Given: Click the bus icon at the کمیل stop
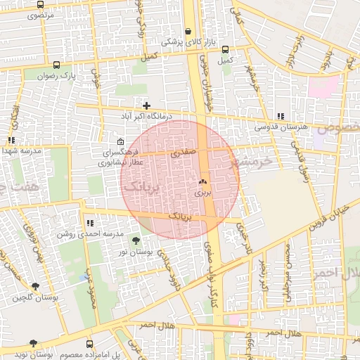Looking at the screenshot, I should click(225, 50).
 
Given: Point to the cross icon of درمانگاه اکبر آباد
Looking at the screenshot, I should click(146, 105).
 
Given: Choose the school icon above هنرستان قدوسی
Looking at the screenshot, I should click(281, 116).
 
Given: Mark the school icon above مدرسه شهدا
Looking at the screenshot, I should click(11, 141).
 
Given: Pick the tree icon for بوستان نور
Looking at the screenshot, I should click(136, 241).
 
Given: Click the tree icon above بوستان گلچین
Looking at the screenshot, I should click(35, 286).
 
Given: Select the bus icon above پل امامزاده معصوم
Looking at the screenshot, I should click(89, 345).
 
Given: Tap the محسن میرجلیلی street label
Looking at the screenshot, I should click(288, 274).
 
